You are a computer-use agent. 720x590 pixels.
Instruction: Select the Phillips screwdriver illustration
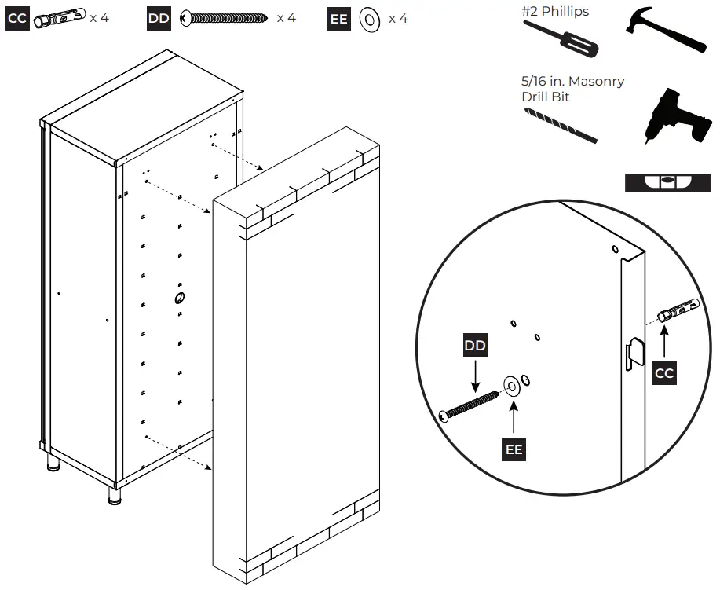561,38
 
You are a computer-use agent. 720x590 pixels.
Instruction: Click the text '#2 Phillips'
555,12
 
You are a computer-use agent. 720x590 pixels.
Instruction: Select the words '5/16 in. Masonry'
573,82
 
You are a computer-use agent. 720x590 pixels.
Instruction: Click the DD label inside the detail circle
475,346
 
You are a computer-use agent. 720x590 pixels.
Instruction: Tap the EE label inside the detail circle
514,449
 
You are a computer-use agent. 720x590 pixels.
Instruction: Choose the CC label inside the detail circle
664,372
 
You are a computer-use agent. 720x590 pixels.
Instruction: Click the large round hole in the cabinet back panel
179,298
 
